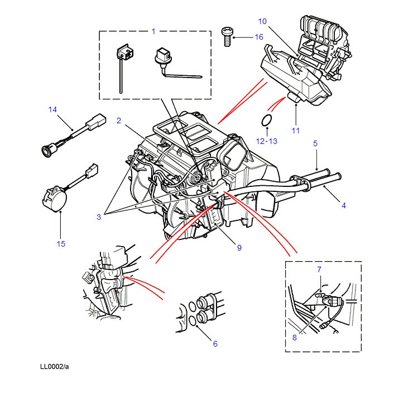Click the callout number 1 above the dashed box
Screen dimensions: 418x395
pyautogui.click(x=153, y=31)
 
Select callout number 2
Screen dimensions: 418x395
pyautogui.click(x=119, y=121)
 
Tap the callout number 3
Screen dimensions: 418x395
pyautogui.click(x=99, y=217)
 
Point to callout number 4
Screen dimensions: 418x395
pyautogui.click(x=344, y=205)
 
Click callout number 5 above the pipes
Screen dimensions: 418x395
pyautogui.click(x=315, y=143)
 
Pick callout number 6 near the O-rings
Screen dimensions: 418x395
pyautogui.click(x=215, y=344)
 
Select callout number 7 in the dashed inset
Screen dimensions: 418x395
pyautogui.click(x=319, y=269)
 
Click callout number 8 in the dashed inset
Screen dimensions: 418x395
pyautogui.click(x=295, y=338)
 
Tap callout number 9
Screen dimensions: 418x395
pyautogui.click(x=239, y=248)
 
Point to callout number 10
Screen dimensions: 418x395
pyautogui.click(x=262, y=21)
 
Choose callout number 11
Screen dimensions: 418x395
pyautogui.click(x=296, y=131)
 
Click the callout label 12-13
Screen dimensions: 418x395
pyautogui.click(x=267, y=141)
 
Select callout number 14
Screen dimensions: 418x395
pyautogui.click(x=52, y=109)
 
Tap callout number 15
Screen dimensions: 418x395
pyautogui.click(x=61, y=244)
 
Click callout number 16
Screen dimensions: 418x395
pyautogui.click(x=259, y=37)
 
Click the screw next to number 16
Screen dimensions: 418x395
pyautogui.click(x=227, y=36)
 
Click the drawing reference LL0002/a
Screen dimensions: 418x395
pyautogui.click(x=54, y=367)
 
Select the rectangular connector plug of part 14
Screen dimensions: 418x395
pyautogui.click(x=95, y=122)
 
